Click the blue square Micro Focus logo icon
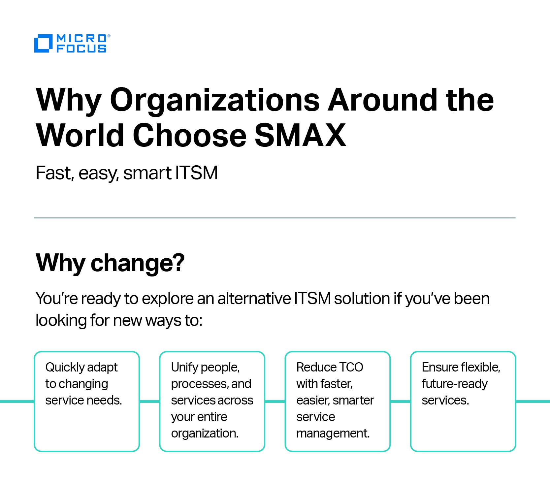pos(43,43)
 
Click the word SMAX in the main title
pos(300,135)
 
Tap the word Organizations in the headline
pos(214,100)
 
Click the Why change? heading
pos(110,263)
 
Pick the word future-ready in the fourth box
pos(455,384)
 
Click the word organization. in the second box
pos(205,434)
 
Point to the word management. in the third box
pos(333,434)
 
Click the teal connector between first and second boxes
pos(149,402)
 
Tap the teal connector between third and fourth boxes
pos(400,402)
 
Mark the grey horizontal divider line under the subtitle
pos(275,218)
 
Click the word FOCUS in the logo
pos(81,49)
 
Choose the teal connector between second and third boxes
pos(275,402)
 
